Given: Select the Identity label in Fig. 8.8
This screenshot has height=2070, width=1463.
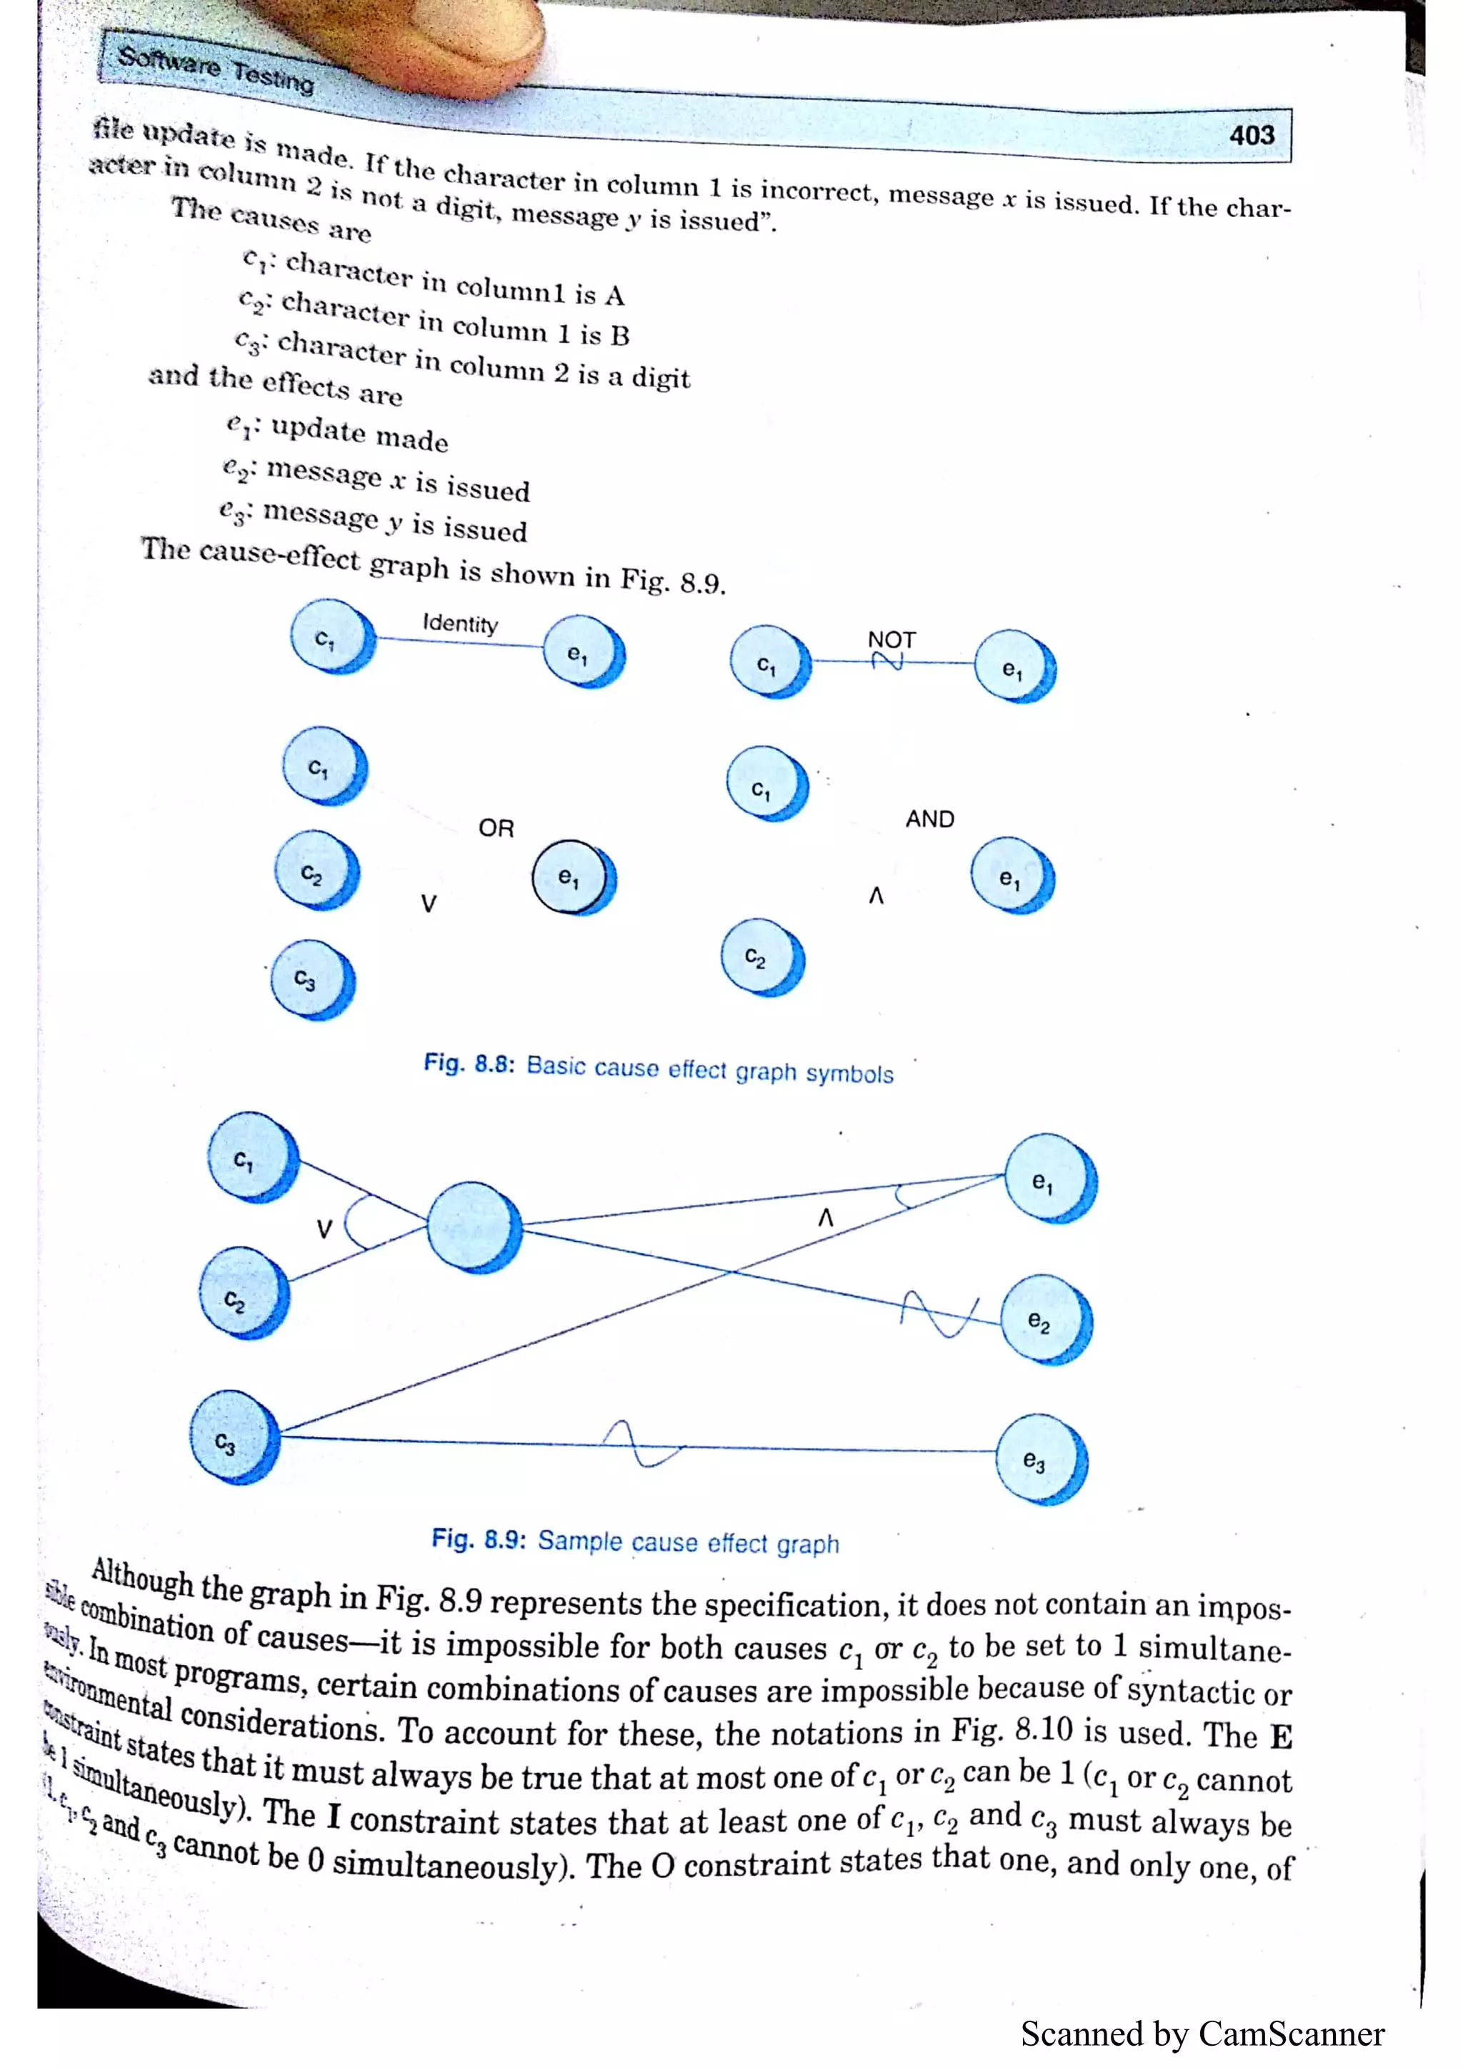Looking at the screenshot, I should coord(460,623).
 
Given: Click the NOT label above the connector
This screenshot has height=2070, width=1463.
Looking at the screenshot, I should coord(892,639).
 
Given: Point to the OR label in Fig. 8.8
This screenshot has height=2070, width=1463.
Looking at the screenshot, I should coord(496,828).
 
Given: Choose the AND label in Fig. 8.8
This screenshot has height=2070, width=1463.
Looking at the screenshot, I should coord(929,819).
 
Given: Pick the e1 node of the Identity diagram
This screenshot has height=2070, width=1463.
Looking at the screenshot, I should coord(581,652).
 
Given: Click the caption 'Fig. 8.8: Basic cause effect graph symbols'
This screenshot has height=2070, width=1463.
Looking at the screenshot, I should coord(658,1069).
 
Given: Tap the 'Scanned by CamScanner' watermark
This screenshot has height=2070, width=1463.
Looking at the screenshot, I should coord(1202,2034).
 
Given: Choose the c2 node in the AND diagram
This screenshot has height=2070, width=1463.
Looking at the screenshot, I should coord(760,956).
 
